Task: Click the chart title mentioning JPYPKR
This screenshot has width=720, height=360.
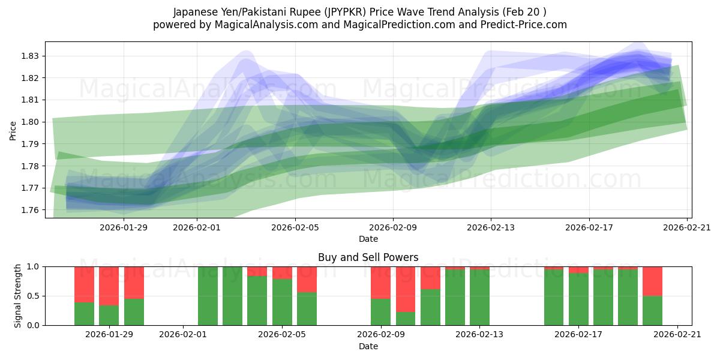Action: (359, 12)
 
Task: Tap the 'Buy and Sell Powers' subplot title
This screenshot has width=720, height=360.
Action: (368, 257)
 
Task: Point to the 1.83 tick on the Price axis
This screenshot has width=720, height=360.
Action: (30, 56)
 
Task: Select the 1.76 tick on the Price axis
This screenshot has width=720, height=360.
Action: (30, 210)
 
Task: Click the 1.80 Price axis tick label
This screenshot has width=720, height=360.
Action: (30, 122)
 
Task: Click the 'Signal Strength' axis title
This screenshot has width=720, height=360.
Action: (18, 296)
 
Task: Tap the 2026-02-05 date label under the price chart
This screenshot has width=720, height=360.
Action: (295, 227)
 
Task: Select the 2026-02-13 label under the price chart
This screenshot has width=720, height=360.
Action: (491, 227)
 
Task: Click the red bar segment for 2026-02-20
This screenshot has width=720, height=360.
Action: (652, 281)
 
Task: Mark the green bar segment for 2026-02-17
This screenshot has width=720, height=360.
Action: (578, 299)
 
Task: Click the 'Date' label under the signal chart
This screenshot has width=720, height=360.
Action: (368, 346)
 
